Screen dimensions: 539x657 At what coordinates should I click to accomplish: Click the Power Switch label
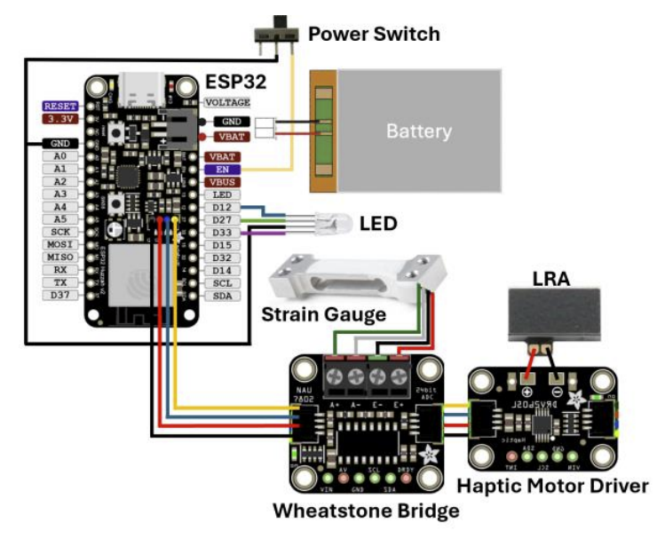[373, 35]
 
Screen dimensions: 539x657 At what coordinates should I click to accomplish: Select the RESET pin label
[61, 105]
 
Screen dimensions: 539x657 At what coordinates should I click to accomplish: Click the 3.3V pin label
[61, 118]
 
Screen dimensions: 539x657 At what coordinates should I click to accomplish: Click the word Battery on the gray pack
[418, 131]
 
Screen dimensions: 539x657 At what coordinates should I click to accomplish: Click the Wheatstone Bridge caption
[366, 511]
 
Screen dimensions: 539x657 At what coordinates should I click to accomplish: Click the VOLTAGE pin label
[227, 102]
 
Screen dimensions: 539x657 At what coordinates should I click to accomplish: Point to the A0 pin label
[61, 155]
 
